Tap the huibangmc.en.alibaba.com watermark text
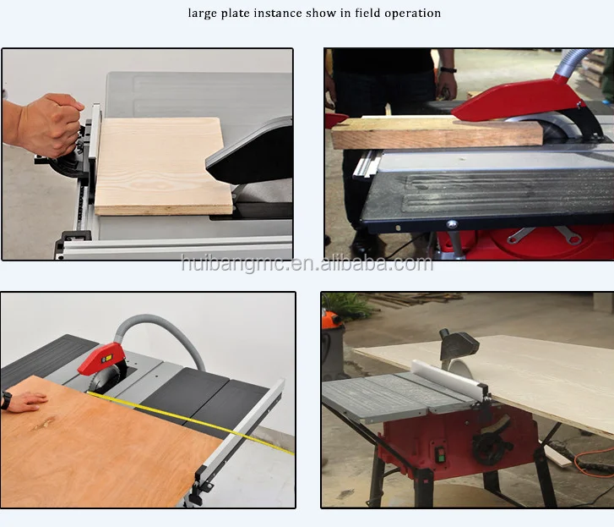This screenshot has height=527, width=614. tap(307, 263)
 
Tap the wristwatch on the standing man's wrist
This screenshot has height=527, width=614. tap(448, 70)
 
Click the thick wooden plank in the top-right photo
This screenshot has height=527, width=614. tap(437, 134)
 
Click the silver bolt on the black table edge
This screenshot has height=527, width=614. tap(452, 224)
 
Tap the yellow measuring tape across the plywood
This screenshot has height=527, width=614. tap(191, 420)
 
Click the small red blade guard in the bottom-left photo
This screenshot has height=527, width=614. tap(102, 359)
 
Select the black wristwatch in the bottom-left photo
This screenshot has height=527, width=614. tap(5, 400)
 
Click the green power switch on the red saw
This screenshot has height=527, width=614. tap(440, 453)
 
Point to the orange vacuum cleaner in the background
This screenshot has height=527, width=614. tap(334, 345)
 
